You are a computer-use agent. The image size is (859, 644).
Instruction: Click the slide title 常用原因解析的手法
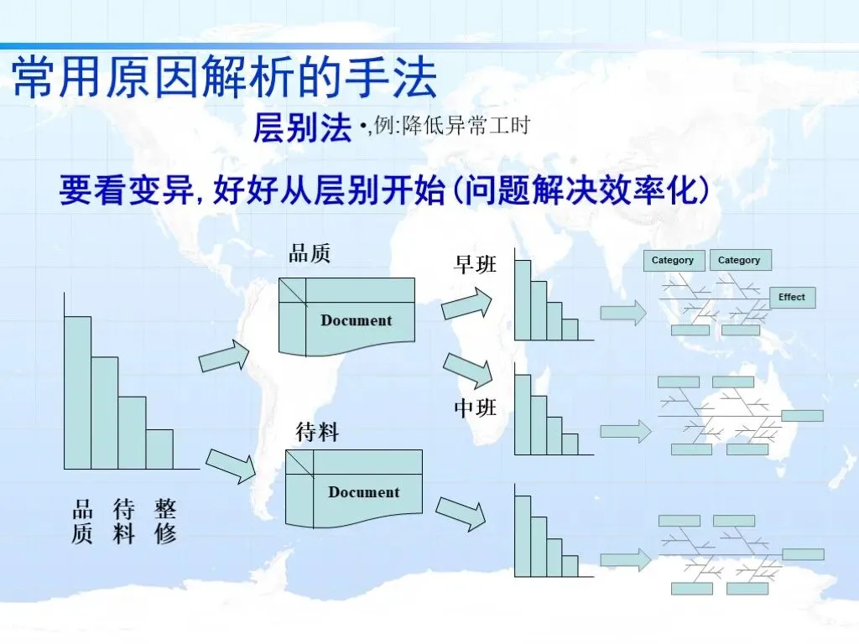click(x=225, y=78)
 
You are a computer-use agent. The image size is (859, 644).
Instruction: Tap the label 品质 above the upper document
click(x=310, y=253)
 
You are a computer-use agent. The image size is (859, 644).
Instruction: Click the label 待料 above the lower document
click(x=317, y=432)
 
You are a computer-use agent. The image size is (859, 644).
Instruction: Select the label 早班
click(x=475, y=265)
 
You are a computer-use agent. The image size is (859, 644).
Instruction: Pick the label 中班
click(x=475, y=408)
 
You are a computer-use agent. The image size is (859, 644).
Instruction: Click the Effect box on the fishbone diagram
click(x=792, y=298)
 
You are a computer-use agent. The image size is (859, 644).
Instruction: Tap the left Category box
click(x=673, y=261)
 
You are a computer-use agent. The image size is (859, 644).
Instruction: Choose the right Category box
click(x=739, y=261)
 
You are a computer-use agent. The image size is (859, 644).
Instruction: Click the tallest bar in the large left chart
click(x=78, y=392)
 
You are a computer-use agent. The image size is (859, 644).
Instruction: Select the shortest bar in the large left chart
click(x=159, y=449)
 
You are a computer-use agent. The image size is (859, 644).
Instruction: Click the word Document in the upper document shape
click(x=356, y=320)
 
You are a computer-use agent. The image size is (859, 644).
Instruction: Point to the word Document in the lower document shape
click(x=363, y=492)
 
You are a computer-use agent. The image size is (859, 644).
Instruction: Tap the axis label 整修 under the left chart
click(x=165, y=521)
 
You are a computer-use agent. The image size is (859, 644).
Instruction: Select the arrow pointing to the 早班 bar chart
click(x=467, y=303)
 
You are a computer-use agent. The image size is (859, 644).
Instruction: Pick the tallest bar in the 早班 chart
click(x=523, y=299)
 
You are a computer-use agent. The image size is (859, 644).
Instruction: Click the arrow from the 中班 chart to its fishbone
click(x=625, y=432)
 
